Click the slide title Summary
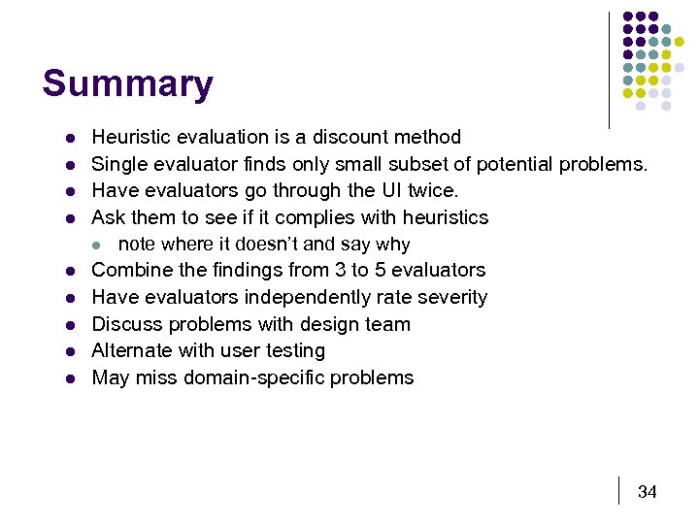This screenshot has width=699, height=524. (127, 84)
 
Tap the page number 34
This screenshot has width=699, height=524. (647, 492)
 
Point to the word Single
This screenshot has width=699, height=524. (119, 164)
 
